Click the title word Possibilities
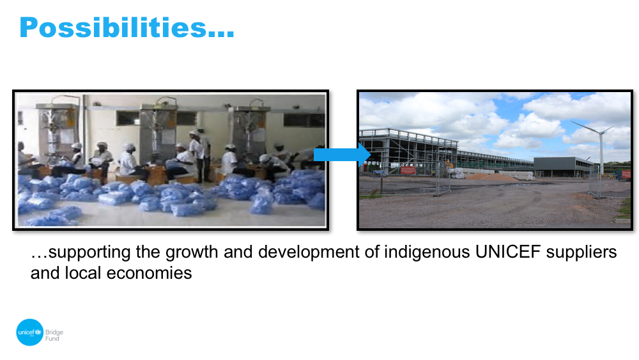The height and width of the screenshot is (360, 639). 127,27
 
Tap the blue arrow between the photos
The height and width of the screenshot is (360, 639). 341,155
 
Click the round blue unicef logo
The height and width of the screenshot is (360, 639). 29,333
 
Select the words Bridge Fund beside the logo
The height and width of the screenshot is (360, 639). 54,335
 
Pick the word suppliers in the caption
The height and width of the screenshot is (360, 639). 581,253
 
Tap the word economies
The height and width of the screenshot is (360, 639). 149,273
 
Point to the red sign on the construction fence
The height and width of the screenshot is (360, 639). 408,170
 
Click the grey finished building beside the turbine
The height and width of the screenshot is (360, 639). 563,167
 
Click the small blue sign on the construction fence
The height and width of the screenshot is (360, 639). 378,172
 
